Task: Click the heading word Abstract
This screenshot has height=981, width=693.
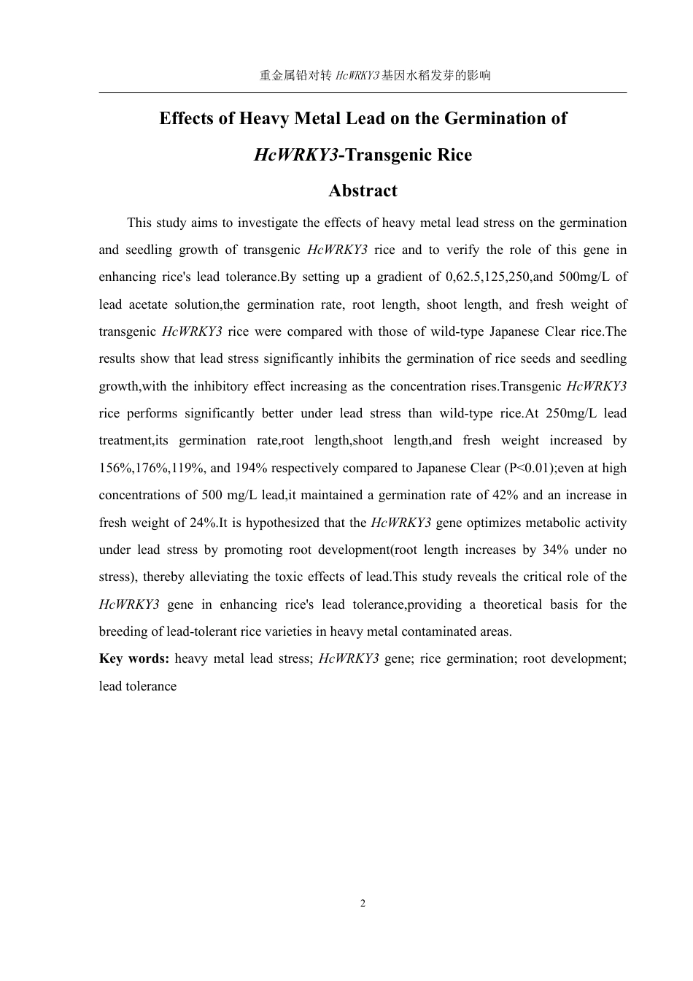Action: [363, 191]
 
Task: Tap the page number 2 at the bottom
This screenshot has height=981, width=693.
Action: [363, 904]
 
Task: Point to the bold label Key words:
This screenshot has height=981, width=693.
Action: [134, 658]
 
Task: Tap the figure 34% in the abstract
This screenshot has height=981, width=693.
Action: [556, 550]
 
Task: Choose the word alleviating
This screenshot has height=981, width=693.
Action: [219, 577]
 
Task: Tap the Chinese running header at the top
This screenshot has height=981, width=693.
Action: [375, 75]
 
